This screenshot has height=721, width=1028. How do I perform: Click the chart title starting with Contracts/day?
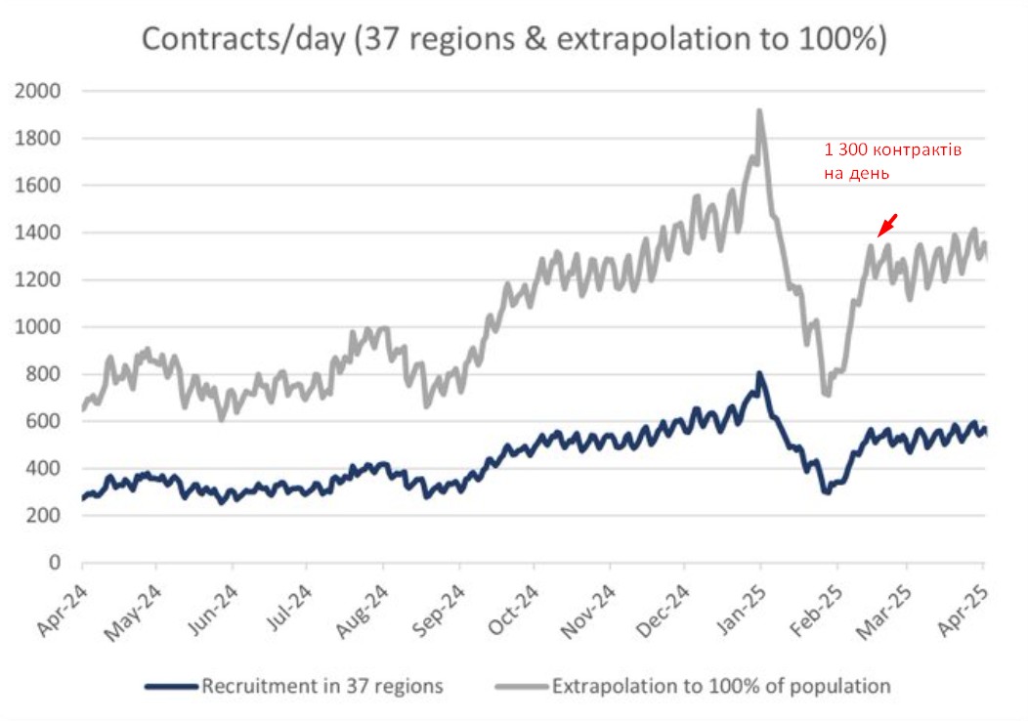[x=514, y=39]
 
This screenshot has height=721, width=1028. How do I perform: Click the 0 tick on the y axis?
[x=56, y=563]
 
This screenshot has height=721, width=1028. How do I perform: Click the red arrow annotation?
[x=887, y=225]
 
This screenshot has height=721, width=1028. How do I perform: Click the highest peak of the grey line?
[x=759, y=111]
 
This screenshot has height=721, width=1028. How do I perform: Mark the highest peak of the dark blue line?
[x=759, y=374]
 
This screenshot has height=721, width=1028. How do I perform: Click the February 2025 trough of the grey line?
[x=827, y=394]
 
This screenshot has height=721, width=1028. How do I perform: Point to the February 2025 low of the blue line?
[x=827, y=492]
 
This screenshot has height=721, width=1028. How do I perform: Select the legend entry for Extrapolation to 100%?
[x=721, y=686]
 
